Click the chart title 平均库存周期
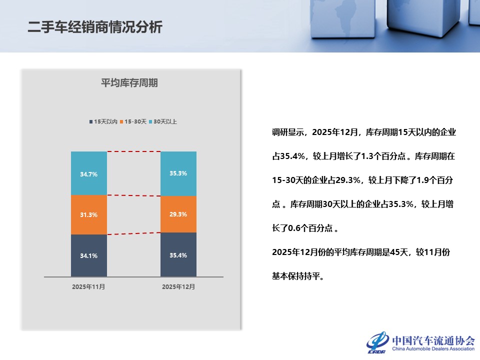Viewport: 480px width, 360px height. point(129,83)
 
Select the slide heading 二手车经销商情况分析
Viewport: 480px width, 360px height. point(95,27)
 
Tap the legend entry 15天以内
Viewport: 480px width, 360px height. point(103,121)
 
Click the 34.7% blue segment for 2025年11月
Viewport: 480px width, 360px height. point(89,173)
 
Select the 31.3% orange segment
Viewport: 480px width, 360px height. point(89,214)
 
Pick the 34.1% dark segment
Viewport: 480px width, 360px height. point(89,255)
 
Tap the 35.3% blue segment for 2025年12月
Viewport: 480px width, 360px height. point(178,173)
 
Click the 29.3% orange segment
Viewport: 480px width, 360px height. point(178,214)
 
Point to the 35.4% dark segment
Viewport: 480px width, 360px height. point(178,255)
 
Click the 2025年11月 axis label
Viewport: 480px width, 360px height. point(88,287)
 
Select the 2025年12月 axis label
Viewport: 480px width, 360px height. point(178,287)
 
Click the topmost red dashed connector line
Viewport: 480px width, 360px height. point(133,151)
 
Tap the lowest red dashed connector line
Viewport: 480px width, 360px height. point(133,233)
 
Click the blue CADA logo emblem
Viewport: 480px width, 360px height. point(377,342)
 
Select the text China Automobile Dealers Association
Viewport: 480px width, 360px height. point(433,349)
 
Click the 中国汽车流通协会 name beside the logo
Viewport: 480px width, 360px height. point(433,340)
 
